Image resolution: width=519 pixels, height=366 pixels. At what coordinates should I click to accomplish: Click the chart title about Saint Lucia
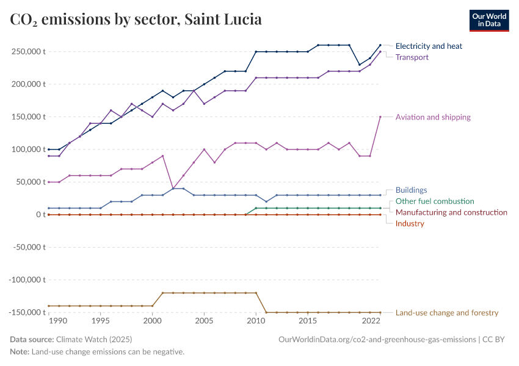[x=136, y=20]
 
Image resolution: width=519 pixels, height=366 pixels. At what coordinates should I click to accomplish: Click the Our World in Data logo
[x=488, y=20]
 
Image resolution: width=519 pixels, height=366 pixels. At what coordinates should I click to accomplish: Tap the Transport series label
[x=412, y=57]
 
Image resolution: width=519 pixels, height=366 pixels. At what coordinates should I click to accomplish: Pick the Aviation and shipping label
[x=433, y=117]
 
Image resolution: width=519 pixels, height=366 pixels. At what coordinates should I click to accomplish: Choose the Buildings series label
[x=411, y=190]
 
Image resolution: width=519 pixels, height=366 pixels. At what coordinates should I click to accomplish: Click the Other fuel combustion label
[x=435, y=201]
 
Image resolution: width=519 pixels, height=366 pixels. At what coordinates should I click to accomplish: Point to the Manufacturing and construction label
[x=451, y=212]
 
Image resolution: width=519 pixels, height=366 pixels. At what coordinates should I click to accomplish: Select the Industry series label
[x=410, y=224]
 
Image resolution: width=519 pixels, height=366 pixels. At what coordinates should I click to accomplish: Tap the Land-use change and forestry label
[x=447, y=313]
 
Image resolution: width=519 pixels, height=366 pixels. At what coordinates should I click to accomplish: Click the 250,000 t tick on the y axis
[x=28, y=51]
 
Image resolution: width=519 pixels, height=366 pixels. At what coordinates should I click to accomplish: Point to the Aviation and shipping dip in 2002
[x=173, y=188]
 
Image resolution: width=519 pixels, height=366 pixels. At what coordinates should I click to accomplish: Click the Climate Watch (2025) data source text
[x=93, y=339]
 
